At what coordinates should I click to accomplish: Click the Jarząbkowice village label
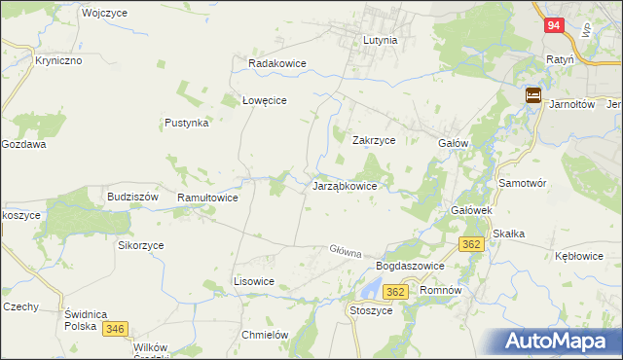pos(350,185)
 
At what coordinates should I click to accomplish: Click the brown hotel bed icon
pos(534,95)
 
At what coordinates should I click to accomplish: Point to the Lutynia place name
pos(380,41)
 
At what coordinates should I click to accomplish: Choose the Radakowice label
pos(277,63)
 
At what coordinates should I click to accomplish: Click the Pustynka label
pos(187,124)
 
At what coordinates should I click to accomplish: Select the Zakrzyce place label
pos(373,140)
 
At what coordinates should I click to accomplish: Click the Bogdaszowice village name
pos(410,266)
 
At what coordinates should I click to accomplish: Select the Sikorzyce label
pos(141,245)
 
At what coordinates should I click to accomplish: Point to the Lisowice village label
pos(254,281)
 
